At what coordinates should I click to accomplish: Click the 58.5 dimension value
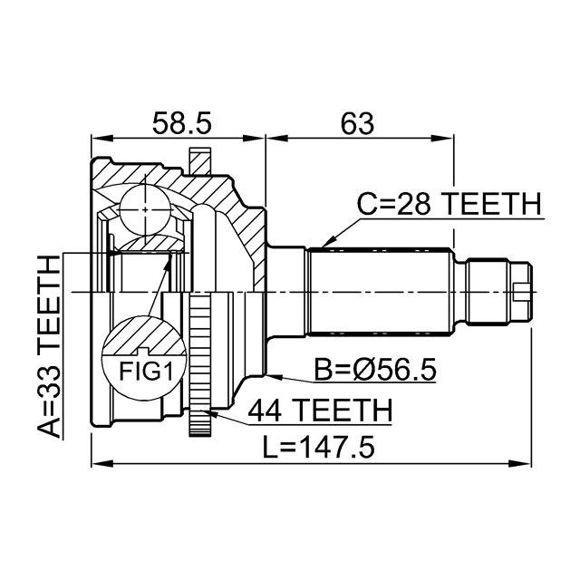[x=178, y=122]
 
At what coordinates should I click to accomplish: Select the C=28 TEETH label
[x=447, y=206]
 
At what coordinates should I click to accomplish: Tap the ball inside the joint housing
[x=146, y=209]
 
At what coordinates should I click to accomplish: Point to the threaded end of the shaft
[x=498, y=290]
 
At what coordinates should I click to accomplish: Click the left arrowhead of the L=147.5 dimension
[x=97, y=464]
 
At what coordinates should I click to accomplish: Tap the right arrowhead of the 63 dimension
[x=448, y=139]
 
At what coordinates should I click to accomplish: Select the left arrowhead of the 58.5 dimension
[x=97, y=139]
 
